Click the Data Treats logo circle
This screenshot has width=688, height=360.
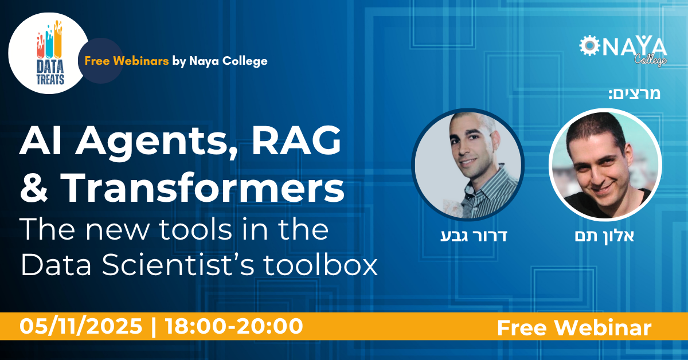tap(49, 53)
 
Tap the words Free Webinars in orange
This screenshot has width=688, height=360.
tap(127, 61)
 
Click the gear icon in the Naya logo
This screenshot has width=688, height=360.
tap(589, 46)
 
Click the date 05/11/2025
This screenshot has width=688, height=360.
tap(81, 326)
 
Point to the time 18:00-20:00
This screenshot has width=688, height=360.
tap(234, 326)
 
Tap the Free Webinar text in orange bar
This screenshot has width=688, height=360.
tap(574, 328)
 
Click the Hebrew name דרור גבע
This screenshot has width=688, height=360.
tap(474, 236)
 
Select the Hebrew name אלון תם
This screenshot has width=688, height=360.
tap(604, 236)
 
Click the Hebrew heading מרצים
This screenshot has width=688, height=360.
tap(635, 93)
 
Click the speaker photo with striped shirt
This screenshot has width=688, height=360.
tap(468, 165)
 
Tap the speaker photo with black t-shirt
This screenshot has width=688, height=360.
tap(605, 165)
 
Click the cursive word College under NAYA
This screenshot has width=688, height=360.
tap(651, 60)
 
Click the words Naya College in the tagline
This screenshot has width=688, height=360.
tap(228, 61)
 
